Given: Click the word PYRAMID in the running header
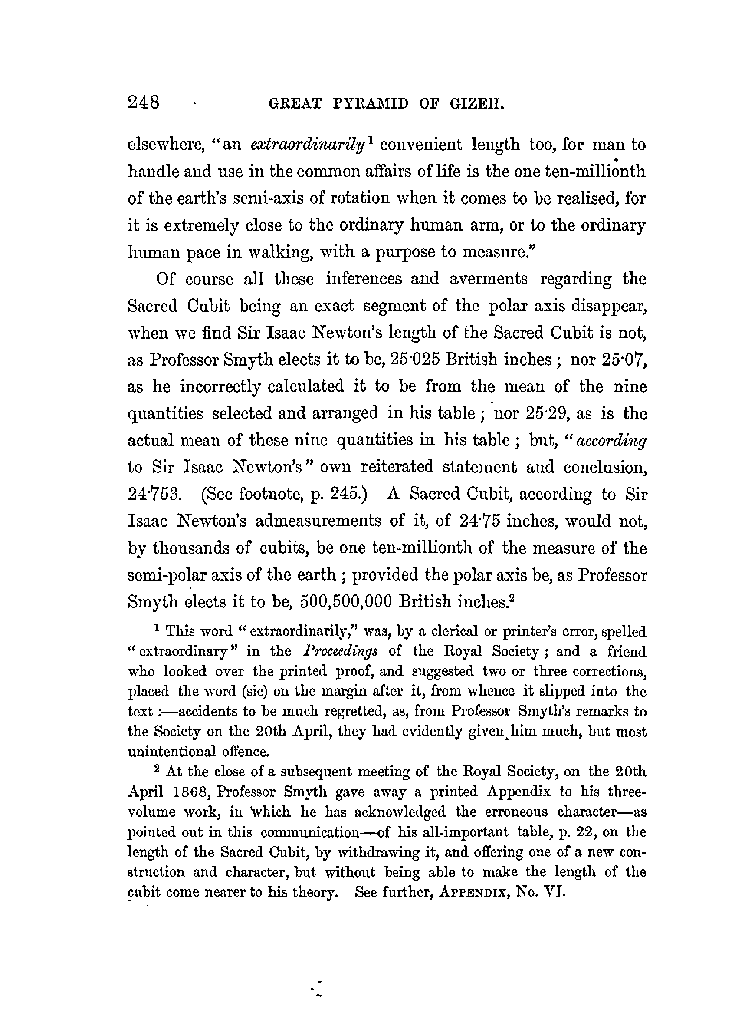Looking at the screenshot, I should click(x=370, y=104).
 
